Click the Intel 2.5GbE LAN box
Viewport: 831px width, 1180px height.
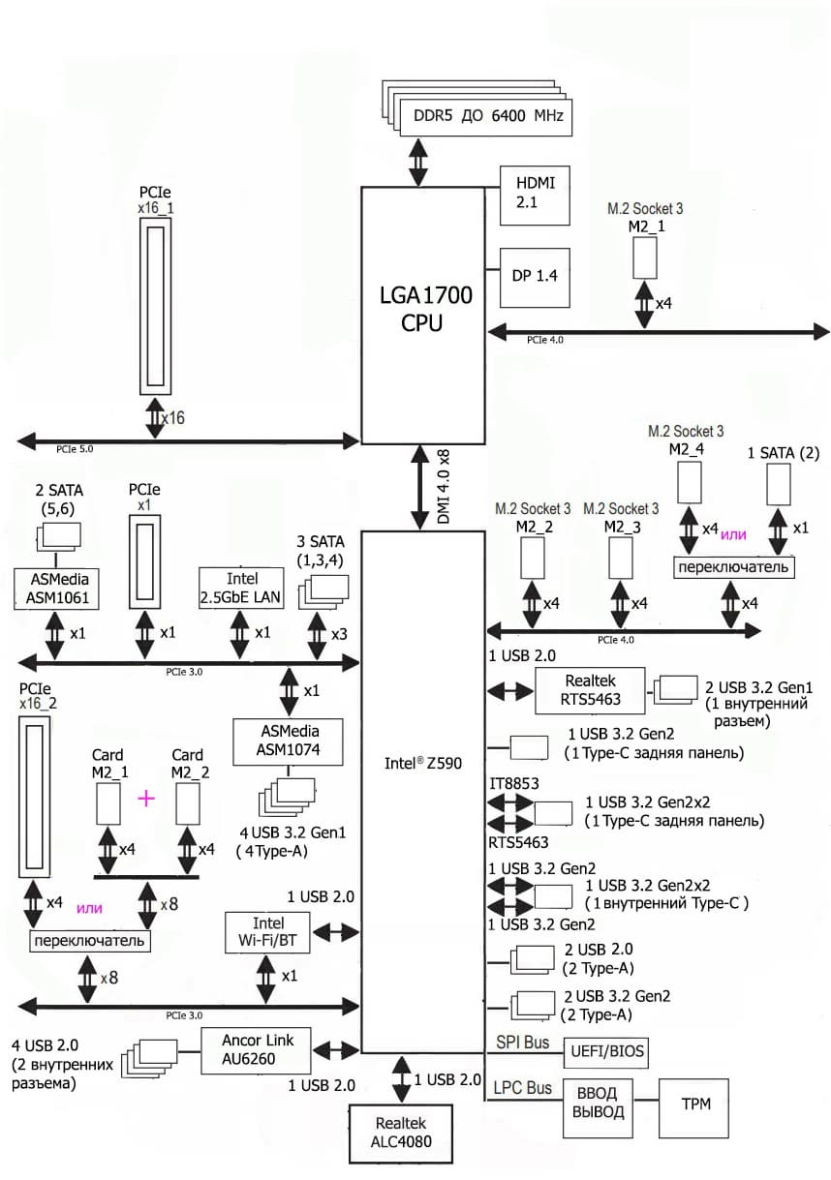(240, 588)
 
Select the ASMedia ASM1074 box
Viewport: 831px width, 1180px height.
(276, 741)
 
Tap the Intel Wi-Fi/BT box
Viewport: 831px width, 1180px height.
(266, 932)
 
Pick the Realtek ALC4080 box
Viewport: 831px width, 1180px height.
(401, 1132)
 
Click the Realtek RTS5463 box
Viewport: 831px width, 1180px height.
(589, 689)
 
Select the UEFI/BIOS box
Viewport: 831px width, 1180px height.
(608, 1051)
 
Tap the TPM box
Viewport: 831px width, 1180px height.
(693, 1104)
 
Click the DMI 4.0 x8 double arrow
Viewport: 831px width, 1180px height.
(421, 486)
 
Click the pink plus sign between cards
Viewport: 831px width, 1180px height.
(146, 798)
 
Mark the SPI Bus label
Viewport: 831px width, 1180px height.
(522, 1043)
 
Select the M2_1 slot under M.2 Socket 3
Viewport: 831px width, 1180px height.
(646, 257)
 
